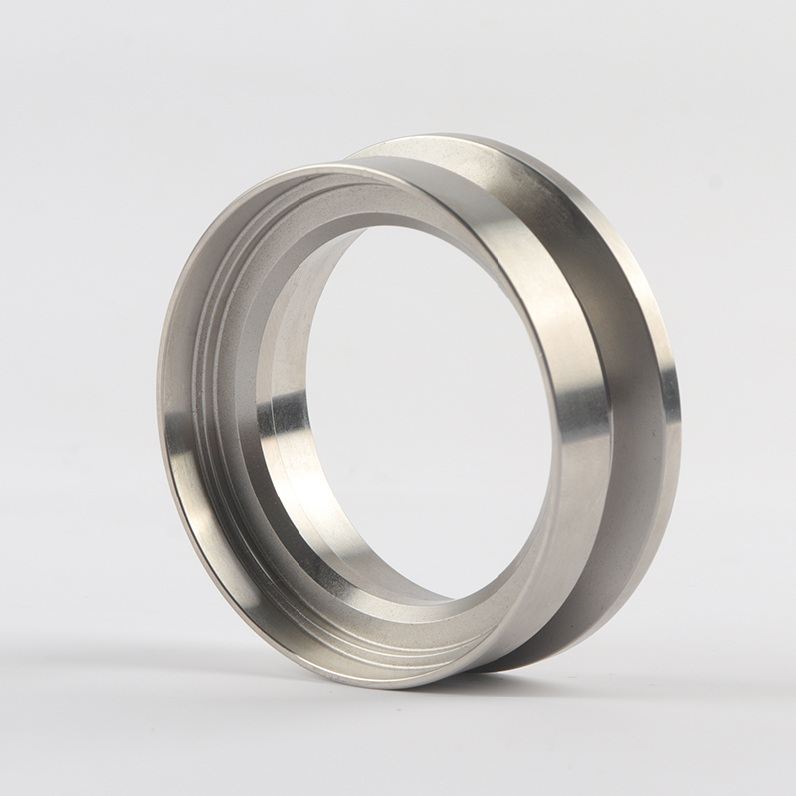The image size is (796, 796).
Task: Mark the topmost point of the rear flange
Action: point(448,137)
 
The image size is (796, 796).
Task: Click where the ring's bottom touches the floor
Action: point(398,687)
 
